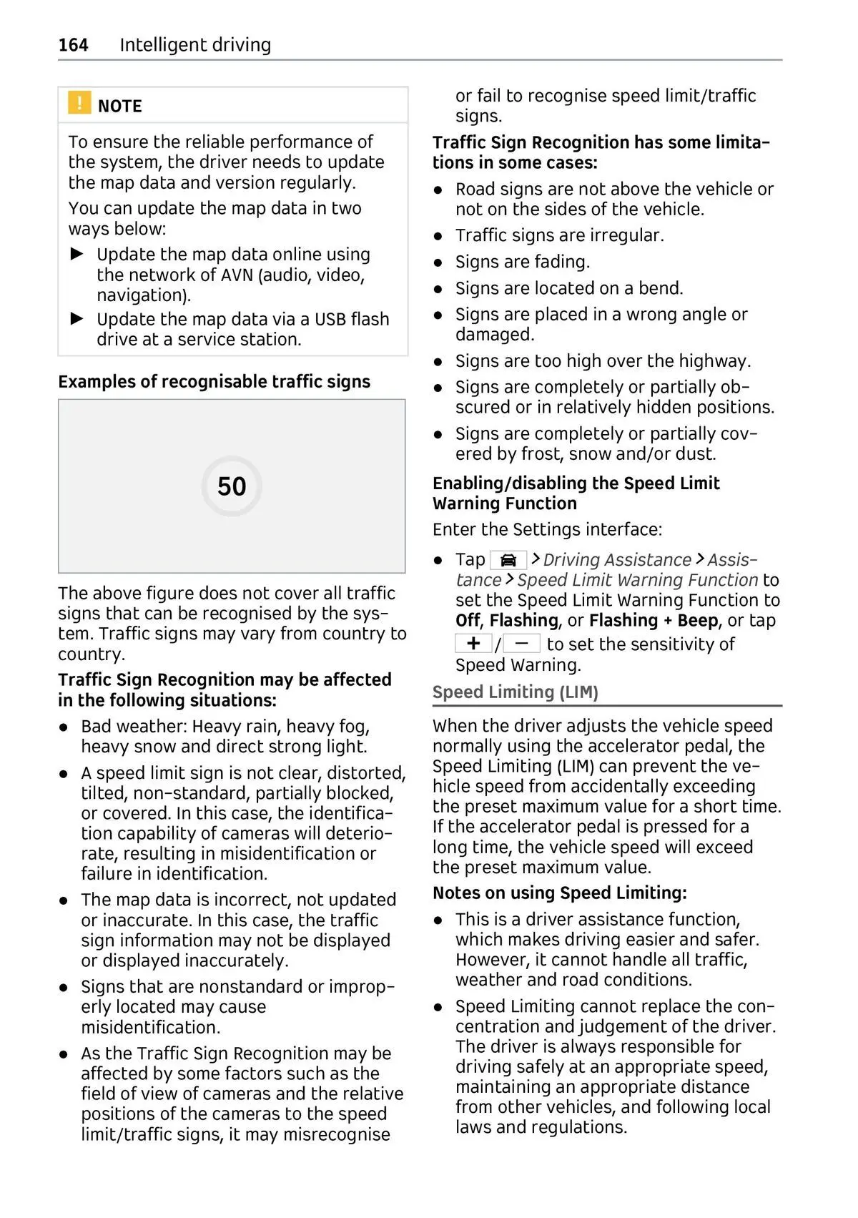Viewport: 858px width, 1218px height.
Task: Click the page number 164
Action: tap(73, 45)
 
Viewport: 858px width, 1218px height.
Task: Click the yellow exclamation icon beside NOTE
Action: tap(79, 103)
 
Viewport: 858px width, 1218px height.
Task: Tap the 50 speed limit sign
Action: tap(232, 486)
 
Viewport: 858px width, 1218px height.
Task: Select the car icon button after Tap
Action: tap(508, 560)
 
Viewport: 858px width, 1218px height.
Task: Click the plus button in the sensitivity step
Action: tap(473, 643)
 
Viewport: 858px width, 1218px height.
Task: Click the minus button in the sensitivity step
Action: tap(521, 643)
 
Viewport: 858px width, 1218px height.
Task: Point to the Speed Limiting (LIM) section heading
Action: tap(515, 692)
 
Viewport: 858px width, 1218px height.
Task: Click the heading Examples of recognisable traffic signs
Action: tap(214, 382)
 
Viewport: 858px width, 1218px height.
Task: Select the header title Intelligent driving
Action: tap(195, 45)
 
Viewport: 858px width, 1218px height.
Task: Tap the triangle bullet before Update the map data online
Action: tap(77, 254)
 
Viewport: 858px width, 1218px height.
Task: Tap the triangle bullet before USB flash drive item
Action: tap(77, 319)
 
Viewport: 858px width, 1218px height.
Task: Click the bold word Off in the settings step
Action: tap(468, 621)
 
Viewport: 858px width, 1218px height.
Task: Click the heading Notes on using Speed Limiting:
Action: tap(559, 893)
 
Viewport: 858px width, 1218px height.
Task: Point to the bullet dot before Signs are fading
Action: tap(438, 263)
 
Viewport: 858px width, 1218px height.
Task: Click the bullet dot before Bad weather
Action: tap(64, 727)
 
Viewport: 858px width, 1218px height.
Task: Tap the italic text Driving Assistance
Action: tap(617, 560)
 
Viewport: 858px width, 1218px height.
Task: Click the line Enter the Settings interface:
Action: tap(547, 530)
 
